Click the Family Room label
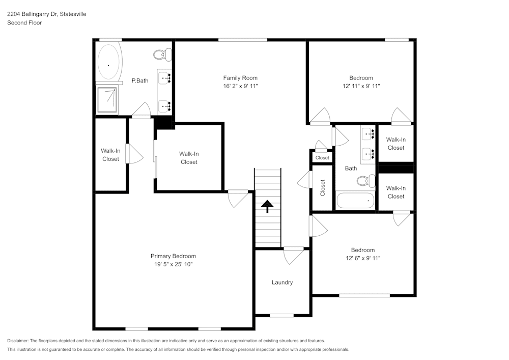240,78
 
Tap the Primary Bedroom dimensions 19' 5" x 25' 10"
173,264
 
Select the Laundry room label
282,283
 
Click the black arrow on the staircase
267,206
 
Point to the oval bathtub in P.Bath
108,63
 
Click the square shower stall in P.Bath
107,99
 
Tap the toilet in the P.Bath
163,53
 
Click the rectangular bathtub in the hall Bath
355,200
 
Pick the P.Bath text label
139,80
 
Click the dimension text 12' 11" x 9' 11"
361,86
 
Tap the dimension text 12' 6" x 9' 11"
362,258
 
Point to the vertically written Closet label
322,188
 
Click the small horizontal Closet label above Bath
322,158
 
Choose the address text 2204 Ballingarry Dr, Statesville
46,14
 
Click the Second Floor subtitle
24,23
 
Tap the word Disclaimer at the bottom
18,341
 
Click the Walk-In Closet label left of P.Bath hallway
110,155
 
